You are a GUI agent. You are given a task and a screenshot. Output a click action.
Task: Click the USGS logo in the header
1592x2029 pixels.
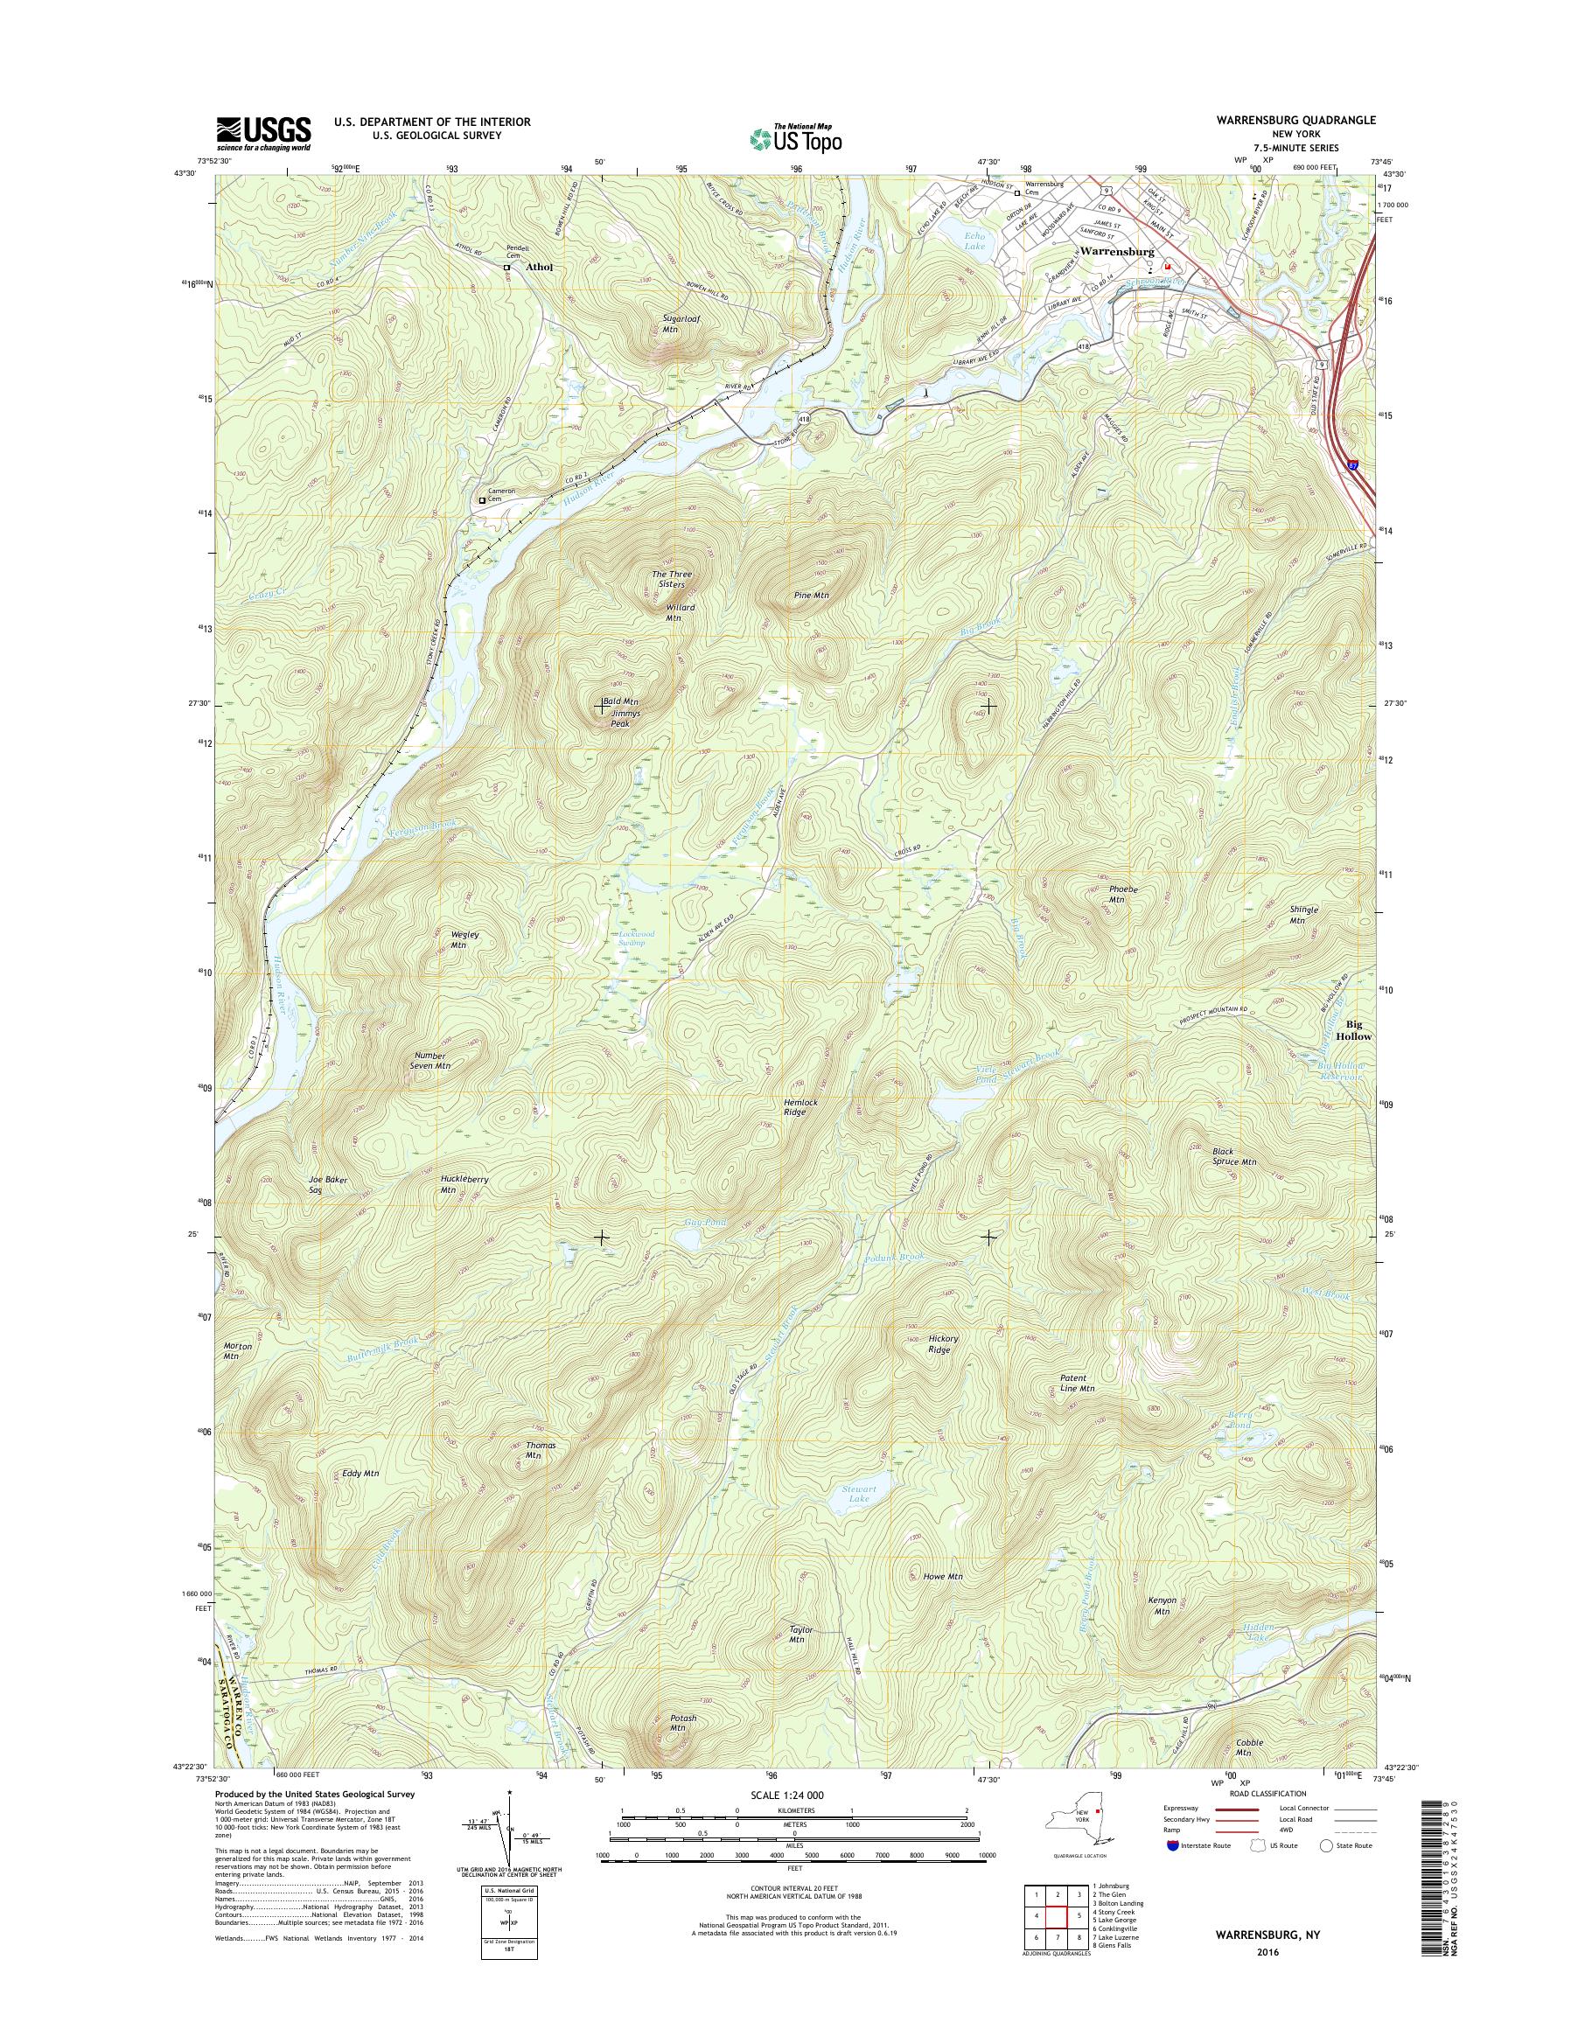coord(264,132)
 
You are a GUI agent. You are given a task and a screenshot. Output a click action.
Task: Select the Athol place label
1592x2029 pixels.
coord(539,267)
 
